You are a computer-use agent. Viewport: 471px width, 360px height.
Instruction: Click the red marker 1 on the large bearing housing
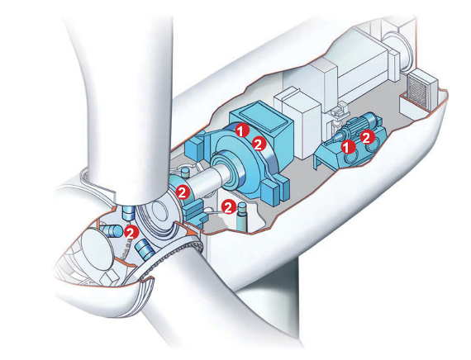tap(242, 130)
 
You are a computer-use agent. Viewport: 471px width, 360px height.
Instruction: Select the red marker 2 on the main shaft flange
tap(183, 192)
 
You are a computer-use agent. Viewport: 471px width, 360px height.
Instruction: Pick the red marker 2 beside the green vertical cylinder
tap(229, 207)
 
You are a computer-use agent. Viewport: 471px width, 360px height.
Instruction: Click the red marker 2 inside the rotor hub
tap(131, 232)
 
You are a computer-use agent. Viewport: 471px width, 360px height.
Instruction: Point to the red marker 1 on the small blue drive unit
tap(349, 146)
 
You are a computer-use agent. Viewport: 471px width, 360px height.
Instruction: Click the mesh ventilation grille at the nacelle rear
tap(418, 88)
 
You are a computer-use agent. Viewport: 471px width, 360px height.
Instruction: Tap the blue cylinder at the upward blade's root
tap(129, 212)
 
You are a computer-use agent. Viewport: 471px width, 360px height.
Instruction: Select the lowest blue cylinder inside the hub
tap(145, 249)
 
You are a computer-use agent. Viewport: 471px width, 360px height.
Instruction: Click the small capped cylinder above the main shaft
tap(185, 173)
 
